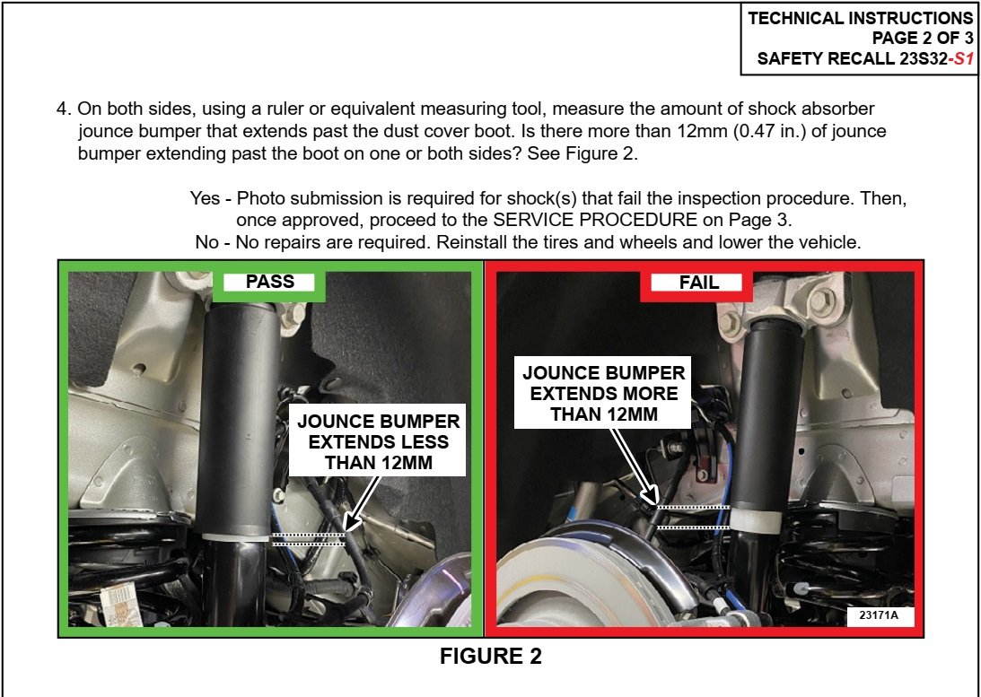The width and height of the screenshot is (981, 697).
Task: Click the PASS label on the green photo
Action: [x=269, y=282]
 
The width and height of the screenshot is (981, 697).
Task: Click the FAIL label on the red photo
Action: [x=699, y=283]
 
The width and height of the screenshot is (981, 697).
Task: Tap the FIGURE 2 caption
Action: [x=490, y=656]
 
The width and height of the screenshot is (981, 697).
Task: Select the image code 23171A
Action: [x=879, y=615]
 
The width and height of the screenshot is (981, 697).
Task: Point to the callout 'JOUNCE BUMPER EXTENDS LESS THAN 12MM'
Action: [x=378, y=441]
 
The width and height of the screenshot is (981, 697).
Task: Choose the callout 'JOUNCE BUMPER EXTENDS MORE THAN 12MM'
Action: [x=604, y=393]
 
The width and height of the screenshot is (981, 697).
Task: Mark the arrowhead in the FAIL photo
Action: [x=652, y=497]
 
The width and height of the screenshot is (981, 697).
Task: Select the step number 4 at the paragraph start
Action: [x=64, y=109]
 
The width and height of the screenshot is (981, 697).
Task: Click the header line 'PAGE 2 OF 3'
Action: [x=923, y=39]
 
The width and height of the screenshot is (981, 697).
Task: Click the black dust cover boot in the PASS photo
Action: [x=239, y=420]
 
